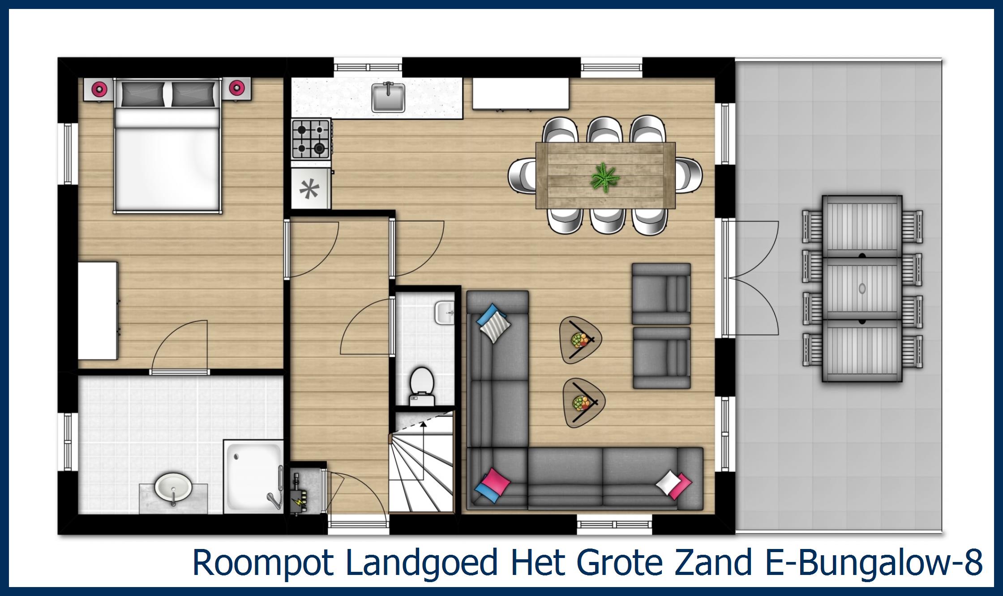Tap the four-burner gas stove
[x=311, y=139]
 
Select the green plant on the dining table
[x=604, y=177]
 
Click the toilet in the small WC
[x=422, y=385]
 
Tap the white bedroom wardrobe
[x=98, y=311]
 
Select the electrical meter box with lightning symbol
[x=299, y=493]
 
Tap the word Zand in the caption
[x=717, y=562]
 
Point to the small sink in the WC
[x=444, y=312]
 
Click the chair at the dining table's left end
[x=522, y=176]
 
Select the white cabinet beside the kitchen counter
[x=521, y=94]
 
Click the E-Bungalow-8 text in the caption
[x=873, y=562]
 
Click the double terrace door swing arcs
[x=754, y=278]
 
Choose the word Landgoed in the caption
[x=421, y=562]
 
